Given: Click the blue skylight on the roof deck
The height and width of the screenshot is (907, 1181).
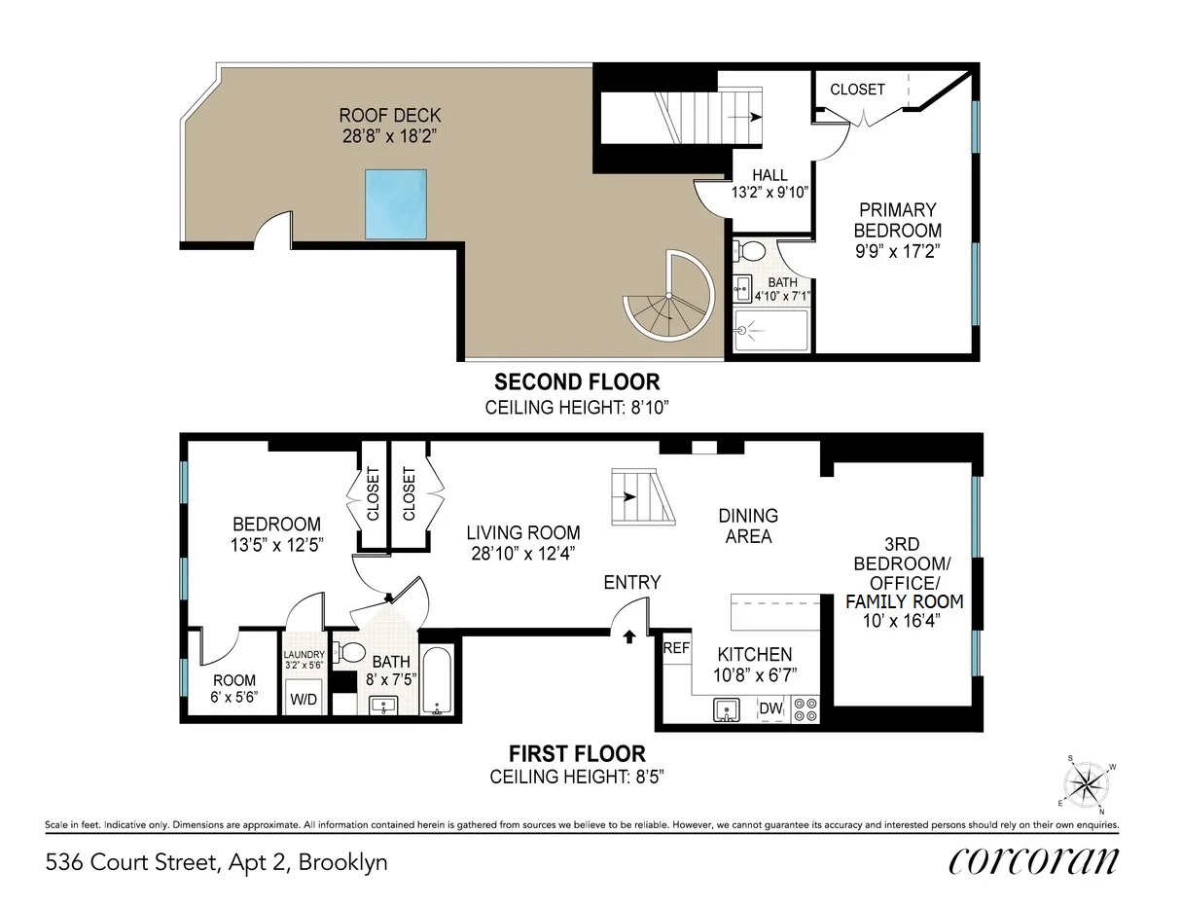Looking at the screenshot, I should coord(397,203).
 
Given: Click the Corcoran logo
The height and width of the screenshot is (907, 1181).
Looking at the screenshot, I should coord(1032,860).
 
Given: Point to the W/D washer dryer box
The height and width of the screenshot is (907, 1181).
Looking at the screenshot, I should coord(304,697).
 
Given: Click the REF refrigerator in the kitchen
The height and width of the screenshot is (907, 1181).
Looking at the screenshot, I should coord(675,647).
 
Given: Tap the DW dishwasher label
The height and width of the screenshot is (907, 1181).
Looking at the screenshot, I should coord(770,708).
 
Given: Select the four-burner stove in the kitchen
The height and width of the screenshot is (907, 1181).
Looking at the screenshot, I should coord(805,708).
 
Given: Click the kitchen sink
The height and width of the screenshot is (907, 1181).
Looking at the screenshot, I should coord(725,709).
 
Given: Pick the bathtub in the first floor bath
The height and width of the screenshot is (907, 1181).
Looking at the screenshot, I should coord(436,680).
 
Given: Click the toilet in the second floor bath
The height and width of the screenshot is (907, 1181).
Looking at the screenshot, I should coord(749,251).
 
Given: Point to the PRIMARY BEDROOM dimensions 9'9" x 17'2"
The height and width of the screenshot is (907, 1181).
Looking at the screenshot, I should coord(897,252).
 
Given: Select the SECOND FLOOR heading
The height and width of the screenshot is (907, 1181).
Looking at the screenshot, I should coord(577,381).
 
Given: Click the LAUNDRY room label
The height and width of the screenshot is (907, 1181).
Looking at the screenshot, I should coord(304,655).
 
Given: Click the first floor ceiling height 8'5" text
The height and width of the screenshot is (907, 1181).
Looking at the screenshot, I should coord(577,777).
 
